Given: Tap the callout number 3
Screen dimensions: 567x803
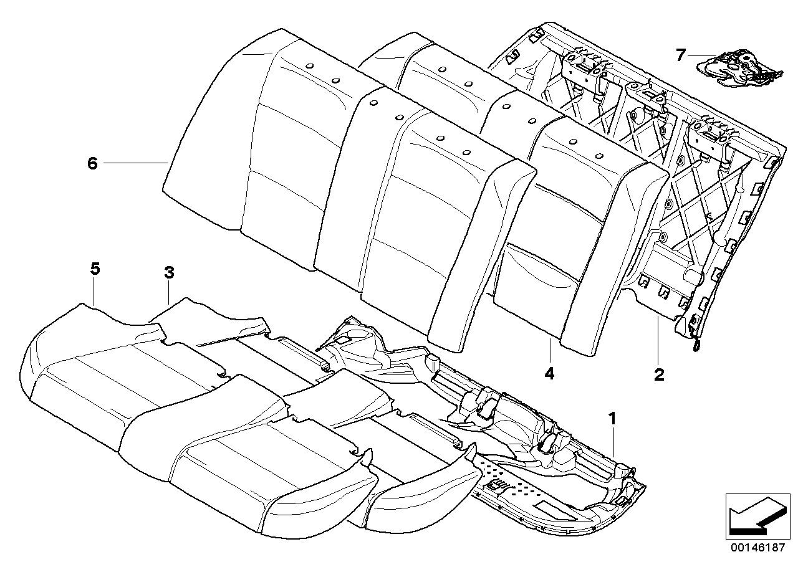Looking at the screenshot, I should pos(169,272).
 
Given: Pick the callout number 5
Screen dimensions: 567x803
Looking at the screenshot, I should pos(95,269).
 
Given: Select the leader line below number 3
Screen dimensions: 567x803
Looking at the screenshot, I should pos(170,292).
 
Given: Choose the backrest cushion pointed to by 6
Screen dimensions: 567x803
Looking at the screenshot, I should pos(249,156).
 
